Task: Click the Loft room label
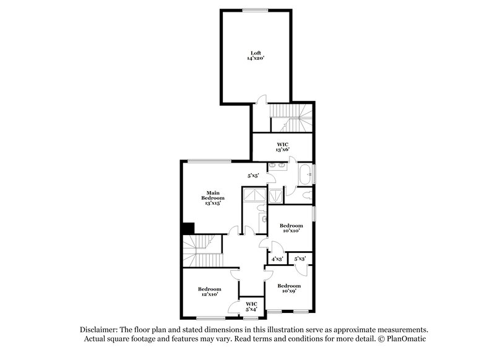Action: click(256, 53)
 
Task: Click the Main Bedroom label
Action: click(211, 195)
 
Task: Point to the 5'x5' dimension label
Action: click(253, 176)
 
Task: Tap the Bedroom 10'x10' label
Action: click(290, 228)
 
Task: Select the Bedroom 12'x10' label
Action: click(210, 291)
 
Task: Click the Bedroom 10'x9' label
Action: click(289, 288)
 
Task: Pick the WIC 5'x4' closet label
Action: click(251, 306)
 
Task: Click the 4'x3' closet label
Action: click(277, 259)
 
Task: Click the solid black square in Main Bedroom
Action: click(187, 228)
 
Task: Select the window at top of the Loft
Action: click(255, 9)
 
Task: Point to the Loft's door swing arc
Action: click(262, 100)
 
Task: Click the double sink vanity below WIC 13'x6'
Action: click(278, 166)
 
